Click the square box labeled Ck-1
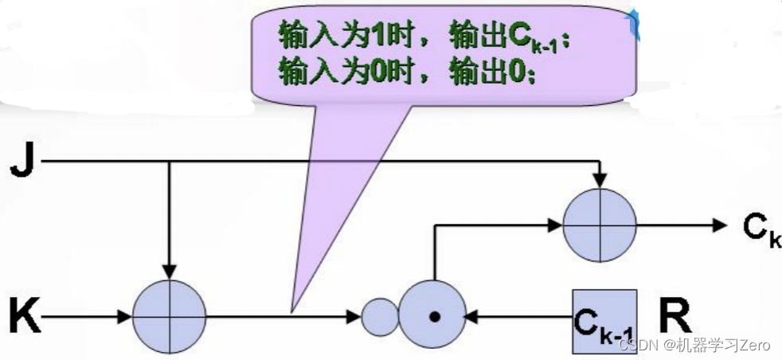point(604,321)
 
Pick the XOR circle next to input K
point(169,316)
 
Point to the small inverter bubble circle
point(380,317)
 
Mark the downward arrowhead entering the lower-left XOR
point(169,272)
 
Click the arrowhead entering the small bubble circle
point(354,317)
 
